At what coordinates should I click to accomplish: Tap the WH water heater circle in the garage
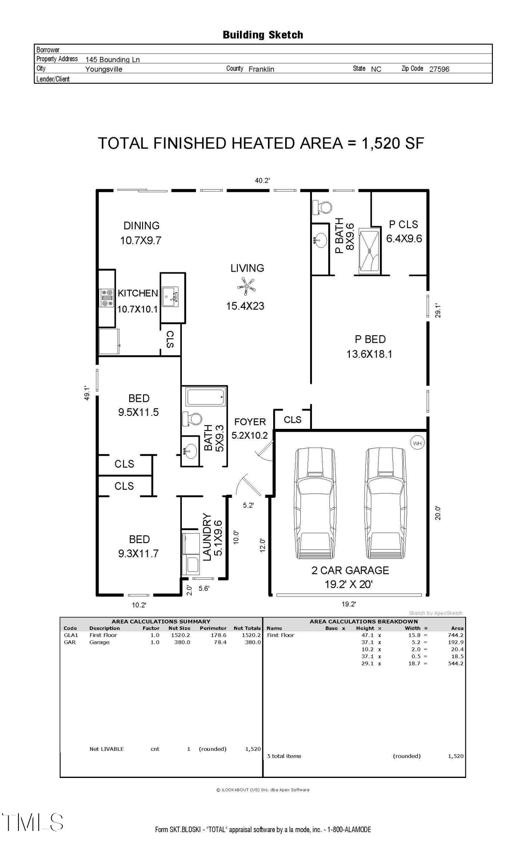[x=417, y=443]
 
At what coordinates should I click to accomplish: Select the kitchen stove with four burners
[x=107, y=298]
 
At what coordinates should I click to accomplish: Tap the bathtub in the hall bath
[x=205, y=397]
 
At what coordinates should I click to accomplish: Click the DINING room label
[x=141, y=225]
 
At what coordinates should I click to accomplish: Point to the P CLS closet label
[x=403, y=225]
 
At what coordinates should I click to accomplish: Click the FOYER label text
[x=250, y=422]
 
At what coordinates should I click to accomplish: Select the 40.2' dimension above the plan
[x=262, y=181]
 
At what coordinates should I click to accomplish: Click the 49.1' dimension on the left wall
[x=87, y=393]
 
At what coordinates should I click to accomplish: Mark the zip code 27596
[x=439, y=69]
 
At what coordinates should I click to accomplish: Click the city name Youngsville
[x=104, y=69]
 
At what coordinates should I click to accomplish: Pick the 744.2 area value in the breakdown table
[x=455, y=635]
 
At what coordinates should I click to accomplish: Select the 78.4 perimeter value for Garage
[x=220, y=642]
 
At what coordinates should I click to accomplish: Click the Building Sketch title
[x=262, y=35]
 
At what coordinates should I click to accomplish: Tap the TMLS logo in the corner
[x=33, y=822]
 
